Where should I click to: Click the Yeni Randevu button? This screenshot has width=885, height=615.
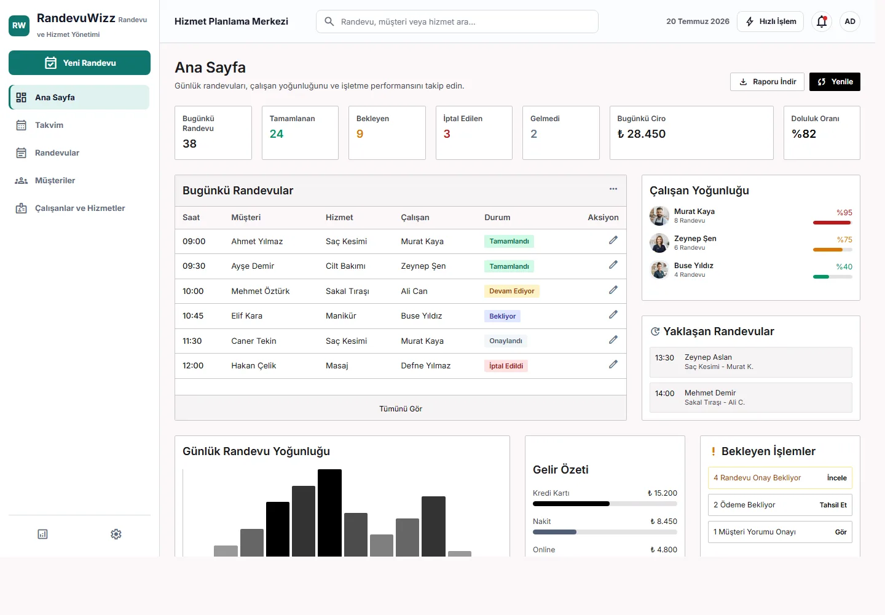pos(79,63)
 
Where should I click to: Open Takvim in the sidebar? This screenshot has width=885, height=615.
pos(49,125)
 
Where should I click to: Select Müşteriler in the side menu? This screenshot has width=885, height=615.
pos(55,181)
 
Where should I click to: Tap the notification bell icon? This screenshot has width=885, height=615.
pos(822,22)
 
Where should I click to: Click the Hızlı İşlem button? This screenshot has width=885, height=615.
pos(771,22)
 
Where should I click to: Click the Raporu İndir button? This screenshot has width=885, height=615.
pos(767,82)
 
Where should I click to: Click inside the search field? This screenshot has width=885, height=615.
pos(457,22)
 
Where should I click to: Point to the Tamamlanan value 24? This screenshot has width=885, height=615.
pos(277,134)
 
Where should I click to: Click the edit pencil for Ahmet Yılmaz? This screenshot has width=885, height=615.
pos(613,240)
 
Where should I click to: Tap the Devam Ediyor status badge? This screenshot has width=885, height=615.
pos(511,292)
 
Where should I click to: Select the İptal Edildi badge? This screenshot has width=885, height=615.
pos(506,366)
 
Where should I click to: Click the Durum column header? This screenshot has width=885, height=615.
pos(497,217)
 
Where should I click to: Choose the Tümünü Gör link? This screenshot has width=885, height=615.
pos(401,409)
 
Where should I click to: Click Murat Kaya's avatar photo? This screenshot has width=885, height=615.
pos(659,216)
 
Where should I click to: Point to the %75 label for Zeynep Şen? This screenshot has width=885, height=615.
pos(844,239)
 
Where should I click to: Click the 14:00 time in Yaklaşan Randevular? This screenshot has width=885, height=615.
pos(664,393)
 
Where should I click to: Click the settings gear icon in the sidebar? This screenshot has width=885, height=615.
pos(116,534)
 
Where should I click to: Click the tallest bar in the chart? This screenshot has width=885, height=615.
pos(329,513)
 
